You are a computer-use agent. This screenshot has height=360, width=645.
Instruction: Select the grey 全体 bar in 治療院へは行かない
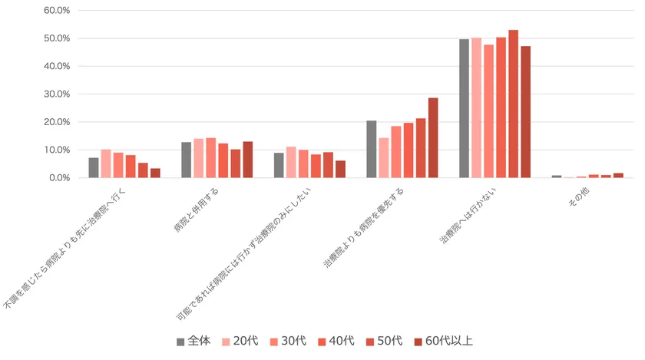tap(464, 108)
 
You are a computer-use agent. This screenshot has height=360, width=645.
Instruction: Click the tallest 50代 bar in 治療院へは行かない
tap(513, 104)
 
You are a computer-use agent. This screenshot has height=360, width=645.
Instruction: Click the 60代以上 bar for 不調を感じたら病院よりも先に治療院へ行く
tap(155, 173)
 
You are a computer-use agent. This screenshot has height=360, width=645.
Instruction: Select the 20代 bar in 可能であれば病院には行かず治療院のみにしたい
tap(291, 162)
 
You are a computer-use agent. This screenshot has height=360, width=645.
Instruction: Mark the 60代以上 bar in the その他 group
tap(618, 176)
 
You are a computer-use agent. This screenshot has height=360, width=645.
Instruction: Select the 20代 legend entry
tap(238, 342)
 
